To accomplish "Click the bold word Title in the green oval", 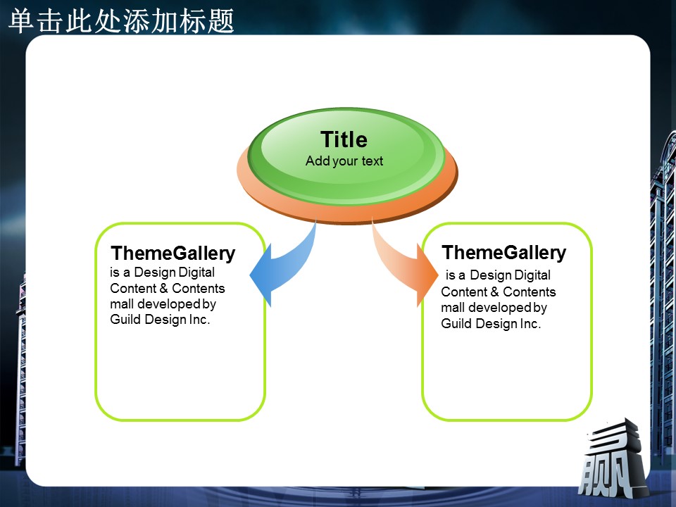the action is tap(344, 139).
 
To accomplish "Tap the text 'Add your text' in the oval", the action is tap(344, 161).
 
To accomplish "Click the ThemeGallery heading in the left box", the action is tap(173, 254).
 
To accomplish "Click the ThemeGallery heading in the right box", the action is tap(503, 253).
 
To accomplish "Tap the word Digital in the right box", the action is tap(532, 275).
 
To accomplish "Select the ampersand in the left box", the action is tap(164, 288).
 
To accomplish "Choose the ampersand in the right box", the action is tap(494, 292).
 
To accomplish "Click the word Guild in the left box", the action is tap(125, 320).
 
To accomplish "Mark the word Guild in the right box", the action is tap(456, 323).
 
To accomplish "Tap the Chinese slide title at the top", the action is tap(121, 20).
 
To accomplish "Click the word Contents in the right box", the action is tap(530, 292).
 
